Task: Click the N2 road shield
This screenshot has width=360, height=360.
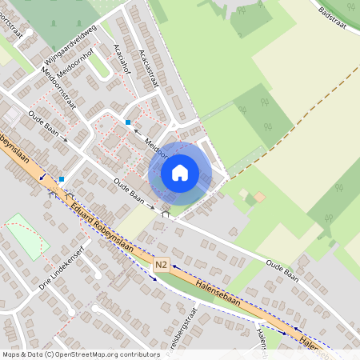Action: pos(161,265)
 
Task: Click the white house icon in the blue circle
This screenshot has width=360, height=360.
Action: pos(180,173)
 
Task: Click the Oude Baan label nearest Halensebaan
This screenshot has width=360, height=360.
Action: pos(283,266)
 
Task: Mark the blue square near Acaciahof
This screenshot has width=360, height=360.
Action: pos(128,122)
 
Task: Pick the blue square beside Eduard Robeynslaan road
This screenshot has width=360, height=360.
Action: pos(62,179)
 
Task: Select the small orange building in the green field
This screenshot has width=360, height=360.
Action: pos(259,197)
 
